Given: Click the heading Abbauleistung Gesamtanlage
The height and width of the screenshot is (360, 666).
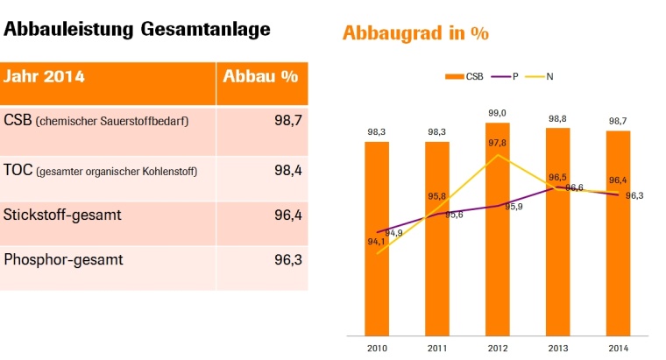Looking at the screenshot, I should (137, 29).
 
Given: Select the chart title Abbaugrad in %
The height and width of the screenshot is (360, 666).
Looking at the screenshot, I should (414, 34).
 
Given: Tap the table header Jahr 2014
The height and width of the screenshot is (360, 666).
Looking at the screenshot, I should (45, 76).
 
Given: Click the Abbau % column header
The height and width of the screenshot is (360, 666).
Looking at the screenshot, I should (260, 76).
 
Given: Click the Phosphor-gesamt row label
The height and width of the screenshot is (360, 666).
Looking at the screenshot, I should (63, 259).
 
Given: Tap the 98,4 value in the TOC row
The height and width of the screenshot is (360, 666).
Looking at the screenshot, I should (287, 171).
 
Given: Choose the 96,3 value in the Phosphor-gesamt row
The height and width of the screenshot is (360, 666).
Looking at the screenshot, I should (287, 259).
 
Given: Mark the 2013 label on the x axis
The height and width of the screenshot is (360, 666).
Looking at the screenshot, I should (557, 348).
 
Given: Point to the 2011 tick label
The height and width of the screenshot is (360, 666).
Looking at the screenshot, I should (437, 348).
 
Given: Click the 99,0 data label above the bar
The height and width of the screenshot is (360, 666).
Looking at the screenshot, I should (497, 113).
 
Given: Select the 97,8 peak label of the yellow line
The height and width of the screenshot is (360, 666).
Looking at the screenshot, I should (497, 143).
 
